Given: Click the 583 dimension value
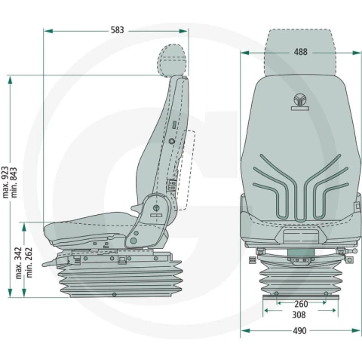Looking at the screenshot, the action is click(x=118, y=30).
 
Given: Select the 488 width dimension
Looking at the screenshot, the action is click(x=300, y=52).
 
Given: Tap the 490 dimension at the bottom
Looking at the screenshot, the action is click(x=299, y=330).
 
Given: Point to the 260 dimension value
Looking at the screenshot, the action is click(x=301, y=304).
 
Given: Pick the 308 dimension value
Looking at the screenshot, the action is click(x=299, y=314).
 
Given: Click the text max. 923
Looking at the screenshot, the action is click(x=5, y=183).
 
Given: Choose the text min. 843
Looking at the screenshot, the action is click(x=14, y=183).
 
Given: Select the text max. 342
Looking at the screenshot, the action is click(x=19, y=263).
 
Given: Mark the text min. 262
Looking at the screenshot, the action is click(x=29, y=262).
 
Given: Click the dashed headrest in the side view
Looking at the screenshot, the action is click(x=172, y=60).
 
